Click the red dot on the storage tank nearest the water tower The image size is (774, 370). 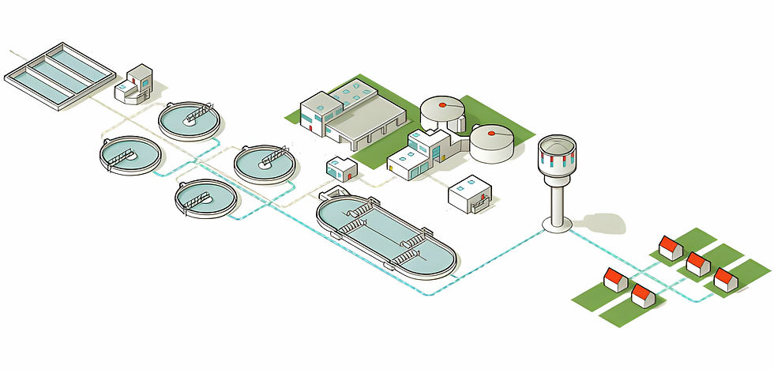click(492, 134)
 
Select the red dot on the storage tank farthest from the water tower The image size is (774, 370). click(441, 104)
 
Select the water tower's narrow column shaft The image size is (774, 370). click(557, 202)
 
